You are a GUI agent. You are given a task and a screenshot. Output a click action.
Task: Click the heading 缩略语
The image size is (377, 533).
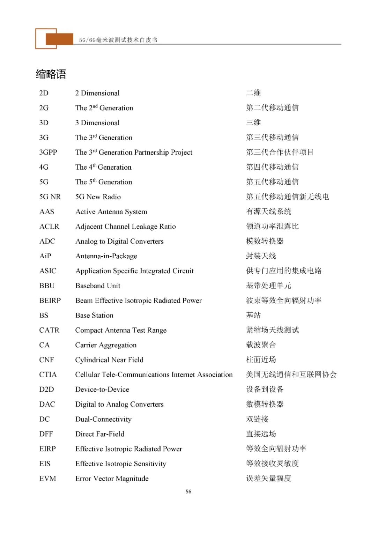click(51, 74)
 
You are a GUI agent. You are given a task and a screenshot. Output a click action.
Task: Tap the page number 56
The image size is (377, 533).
click(188, 491)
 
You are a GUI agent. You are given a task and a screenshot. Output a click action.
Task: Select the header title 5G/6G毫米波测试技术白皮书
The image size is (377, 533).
click(118, 40)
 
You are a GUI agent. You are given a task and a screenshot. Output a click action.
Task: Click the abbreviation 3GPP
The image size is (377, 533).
click(48, 152)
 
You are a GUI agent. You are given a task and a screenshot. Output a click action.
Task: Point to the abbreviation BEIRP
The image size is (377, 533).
click(50, 301)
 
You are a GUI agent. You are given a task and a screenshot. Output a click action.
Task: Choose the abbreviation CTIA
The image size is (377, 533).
click(48, 375)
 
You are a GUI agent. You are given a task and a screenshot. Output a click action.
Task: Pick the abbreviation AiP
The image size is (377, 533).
click(45, 256)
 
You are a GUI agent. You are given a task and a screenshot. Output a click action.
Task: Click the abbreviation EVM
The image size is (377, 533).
click(47, 479)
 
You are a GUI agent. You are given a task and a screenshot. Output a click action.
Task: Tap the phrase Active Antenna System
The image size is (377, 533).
click(111, 212)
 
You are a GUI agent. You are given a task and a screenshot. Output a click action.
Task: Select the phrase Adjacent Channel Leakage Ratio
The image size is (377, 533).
click(125, 227)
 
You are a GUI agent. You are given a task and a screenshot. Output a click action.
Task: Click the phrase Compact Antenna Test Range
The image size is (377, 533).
click(121, 330)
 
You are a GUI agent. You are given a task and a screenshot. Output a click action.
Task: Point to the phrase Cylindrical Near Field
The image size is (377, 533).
click(109, 360)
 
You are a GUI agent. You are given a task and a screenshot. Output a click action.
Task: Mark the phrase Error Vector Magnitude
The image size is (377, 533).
click(112, 479)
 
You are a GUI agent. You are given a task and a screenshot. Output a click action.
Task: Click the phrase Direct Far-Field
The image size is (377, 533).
click(100, 434)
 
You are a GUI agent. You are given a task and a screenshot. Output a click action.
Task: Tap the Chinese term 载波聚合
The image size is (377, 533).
click(261, 345)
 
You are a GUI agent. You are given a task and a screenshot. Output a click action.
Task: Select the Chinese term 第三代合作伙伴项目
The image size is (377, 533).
click(280, 152)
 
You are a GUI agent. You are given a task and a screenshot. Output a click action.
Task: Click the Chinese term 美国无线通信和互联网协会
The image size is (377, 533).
click(291, 375)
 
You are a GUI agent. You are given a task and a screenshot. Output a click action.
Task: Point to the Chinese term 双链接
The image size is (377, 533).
click(257, 419)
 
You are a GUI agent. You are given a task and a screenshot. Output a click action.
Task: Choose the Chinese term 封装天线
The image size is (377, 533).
click(261, 256)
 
